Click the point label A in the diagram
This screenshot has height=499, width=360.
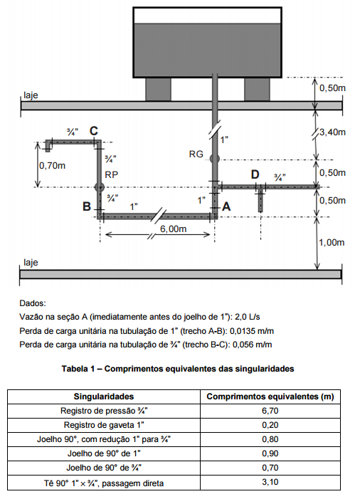(226, 206)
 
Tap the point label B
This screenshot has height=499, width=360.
(86, 206)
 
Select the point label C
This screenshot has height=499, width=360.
(93, 130)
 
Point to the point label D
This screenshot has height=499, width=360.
(255, 174)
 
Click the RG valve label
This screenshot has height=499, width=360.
(196, 154)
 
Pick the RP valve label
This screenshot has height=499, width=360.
(111, 174)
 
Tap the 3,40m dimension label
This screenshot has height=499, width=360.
(333, 132)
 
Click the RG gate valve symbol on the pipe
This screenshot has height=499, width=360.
(214, 158)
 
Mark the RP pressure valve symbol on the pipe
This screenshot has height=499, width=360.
(99, 187)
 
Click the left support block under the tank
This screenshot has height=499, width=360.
(158, 89)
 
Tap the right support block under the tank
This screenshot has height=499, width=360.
(257, 89)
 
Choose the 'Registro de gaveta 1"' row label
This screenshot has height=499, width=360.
(105, 425)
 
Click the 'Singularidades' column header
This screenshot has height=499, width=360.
(105, 396)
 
